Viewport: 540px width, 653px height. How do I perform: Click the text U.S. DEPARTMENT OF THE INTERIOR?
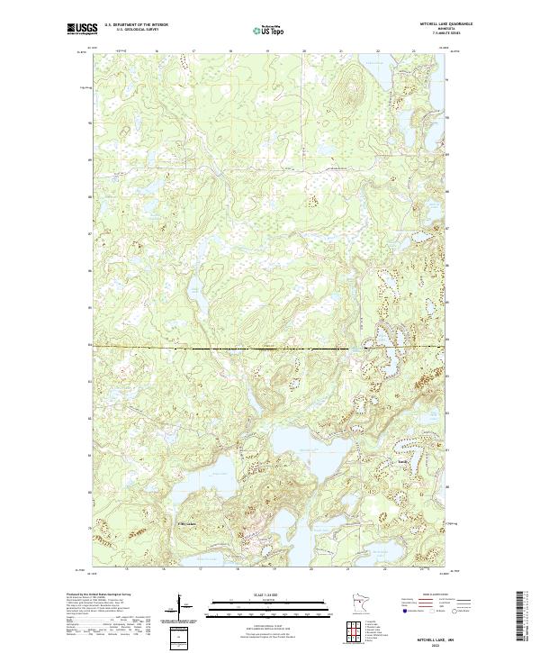pyautogui.click(x=137, y=25)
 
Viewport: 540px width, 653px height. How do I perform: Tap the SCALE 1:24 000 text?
pyautogui.click(x=258, y=596)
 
